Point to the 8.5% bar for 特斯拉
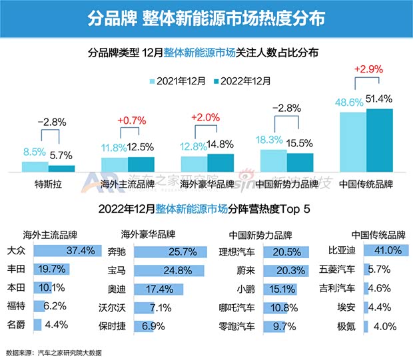click(35, 167)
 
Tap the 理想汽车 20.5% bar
click(286, 252)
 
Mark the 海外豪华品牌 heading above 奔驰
click(148, 235)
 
